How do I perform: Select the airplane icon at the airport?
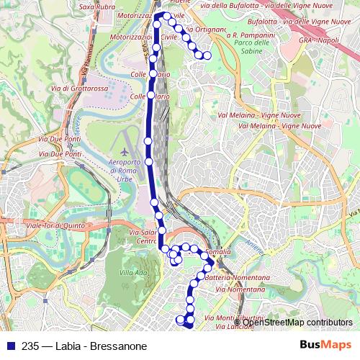point(126,153)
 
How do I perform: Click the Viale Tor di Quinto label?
point(56,225)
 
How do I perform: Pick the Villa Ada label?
point(132,272)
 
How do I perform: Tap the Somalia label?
point(217,252)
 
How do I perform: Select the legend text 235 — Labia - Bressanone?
point(85,346)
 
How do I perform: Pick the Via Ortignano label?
point(204,30)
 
